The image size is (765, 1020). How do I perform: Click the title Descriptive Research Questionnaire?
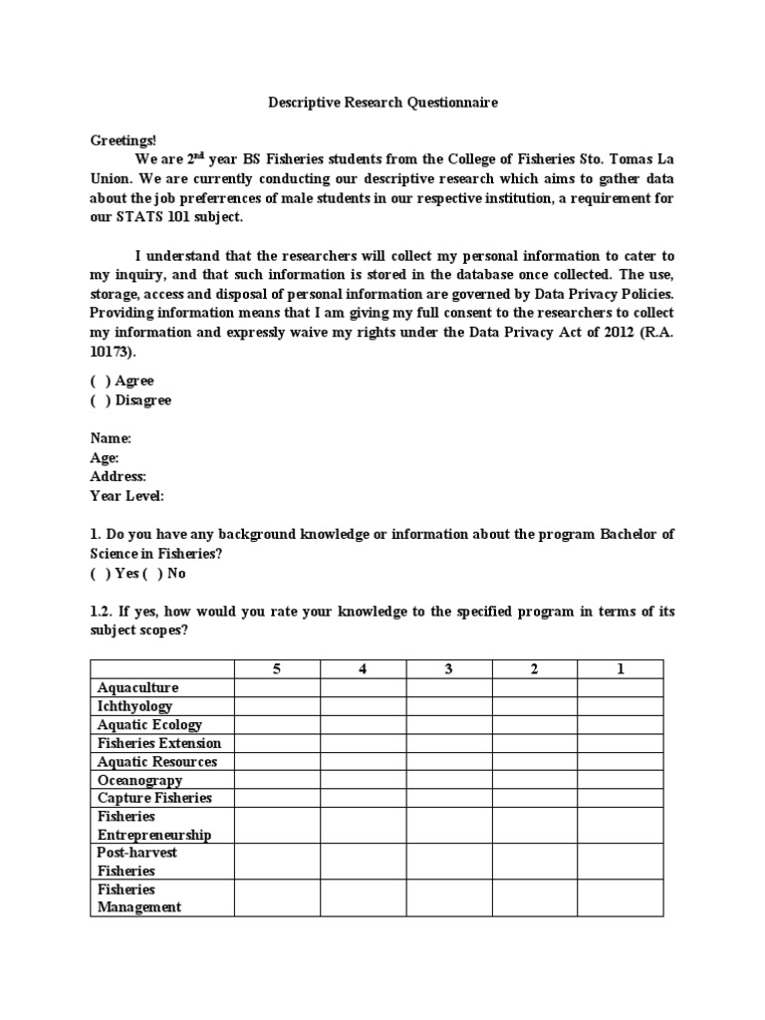pos(382,103)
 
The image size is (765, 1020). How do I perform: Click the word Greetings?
pos(124,140)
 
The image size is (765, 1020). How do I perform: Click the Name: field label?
pos(111,438)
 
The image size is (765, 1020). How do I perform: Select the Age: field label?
pos(105,457)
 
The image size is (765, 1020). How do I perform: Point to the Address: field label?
pos(119,476)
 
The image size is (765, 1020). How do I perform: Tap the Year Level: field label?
pos(127,495)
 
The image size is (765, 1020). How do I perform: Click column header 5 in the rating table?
pos(277,668)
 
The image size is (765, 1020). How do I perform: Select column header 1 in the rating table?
pos(620,668)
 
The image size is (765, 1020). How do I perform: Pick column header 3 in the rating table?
pos(448,668)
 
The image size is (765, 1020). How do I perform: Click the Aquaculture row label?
pos(137,687)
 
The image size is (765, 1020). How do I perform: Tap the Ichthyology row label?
pos(134,706)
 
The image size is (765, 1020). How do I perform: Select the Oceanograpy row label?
pos(139,780)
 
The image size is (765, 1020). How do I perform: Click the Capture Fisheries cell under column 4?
pos(363,798)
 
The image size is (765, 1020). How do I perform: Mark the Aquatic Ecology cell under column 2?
pos(534,724)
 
